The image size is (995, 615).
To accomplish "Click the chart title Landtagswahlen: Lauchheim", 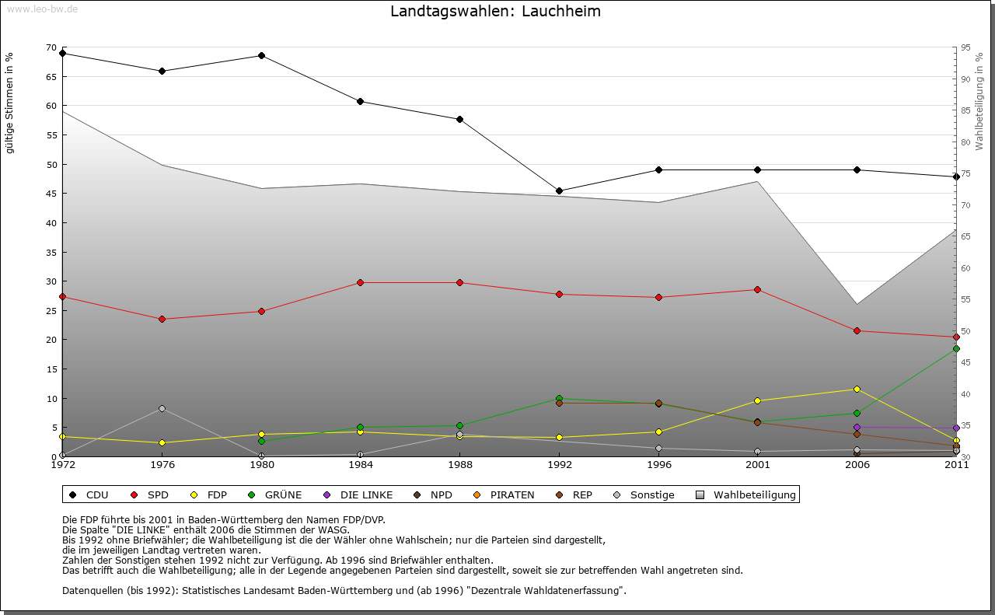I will point(495,12).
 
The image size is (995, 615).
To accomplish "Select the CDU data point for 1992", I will point(559,191).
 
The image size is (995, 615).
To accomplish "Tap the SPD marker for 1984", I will point(361,282).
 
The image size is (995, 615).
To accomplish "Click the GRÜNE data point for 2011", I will point(956,349).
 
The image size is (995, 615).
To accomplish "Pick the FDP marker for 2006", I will point(857,389).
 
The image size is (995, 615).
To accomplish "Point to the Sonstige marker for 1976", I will point(162,408).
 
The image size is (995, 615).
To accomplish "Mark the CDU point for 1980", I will point(261,56).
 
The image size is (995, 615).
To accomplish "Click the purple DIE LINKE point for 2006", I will point(857,427).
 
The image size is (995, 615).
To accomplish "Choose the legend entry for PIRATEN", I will point(505,495).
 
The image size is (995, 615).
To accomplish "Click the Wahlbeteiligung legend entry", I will point(747,495).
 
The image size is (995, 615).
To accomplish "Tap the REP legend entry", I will point(574,495).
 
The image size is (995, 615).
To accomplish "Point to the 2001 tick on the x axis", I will point(757,466).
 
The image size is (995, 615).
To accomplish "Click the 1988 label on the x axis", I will point(459,466).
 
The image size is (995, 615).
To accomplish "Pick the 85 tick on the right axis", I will point(965,110).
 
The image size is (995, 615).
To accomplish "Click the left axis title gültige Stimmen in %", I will point(10,103).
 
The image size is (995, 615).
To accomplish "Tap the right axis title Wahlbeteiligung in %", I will point(979,101).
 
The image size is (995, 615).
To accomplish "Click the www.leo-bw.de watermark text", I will point(42,9).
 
